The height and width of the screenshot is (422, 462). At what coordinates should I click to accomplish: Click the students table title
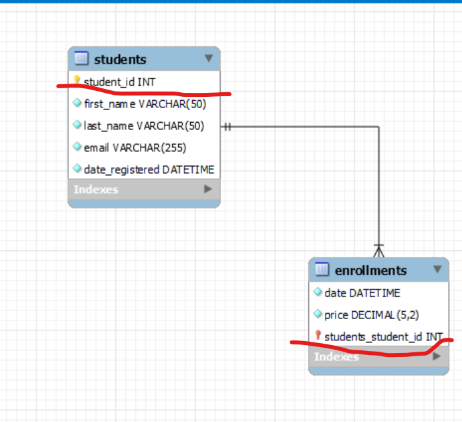[120, 60]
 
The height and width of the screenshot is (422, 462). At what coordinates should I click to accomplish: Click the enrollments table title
[371, 271]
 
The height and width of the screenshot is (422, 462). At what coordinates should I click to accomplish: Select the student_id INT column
[119, 82]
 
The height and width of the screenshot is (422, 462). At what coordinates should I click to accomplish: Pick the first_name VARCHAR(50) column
[145, 104]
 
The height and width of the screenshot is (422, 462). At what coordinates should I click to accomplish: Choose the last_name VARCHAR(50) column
[144, 126]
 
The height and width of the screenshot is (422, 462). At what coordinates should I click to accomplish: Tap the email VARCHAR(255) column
[135, 148]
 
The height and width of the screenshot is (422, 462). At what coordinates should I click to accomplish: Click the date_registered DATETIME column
[149, 170]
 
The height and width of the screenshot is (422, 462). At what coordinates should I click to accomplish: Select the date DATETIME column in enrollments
[363, 293]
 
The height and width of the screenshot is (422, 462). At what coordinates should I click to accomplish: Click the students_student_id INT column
[384, 336]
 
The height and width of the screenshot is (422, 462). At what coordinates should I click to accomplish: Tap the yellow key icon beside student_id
[77, 80]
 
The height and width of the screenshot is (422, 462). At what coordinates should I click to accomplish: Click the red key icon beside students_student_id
[318, 335]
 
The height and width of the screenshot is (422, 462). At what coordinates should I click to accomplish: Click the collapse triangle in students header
[209, 58]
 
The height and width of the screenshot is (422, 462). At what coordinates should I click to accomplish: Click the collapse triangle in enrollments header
[437, 269]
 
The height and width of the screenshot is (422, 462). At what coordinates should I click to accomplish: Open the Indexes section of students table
[96, 189]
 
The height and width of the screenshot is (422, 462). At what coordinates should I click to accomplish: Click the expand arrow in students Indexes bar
[208, 188]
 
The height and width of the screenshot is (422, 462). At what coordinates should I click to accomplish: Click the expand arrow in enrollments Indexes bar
[437, 356]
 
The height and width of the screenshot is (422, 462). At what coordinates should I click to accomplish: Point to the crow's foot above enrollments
[378, 251]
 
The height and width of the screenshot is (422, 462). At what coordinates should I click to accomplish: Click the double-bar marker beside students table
[227, 127]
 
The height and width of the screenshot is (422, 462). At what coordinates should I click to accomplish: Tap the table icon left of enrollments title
[322, 269]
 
